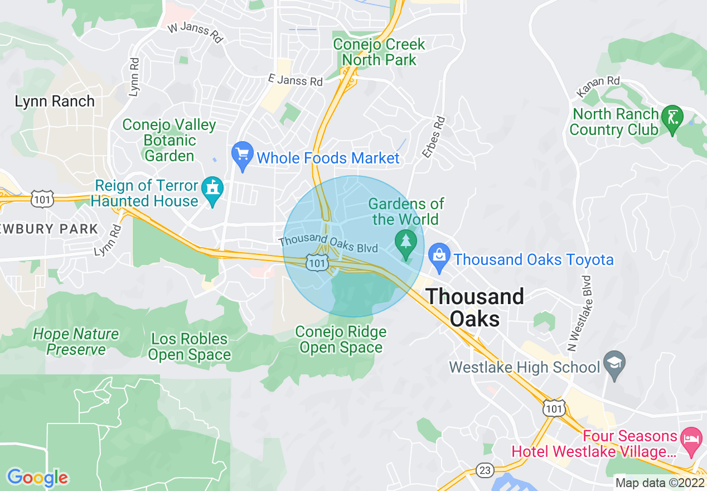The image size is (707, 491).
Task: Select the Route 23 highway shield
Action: click(x=485, y=470)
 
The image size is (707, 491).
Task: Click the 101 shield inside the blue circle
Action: click(x=317, y=262)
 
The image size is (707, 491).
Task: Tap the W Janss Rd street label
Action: click(x=195, y=32)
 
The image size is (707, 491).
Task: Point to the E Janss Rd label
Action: click(x=295, y=80)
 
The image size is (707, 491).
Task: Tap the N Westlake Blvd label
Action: click(x=580, y=312)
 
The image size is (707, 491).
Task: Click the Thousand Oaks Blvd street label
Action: click(x=328, y=243)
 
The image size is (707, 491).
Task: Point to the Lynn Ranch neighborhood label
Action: click(x=55, y=102)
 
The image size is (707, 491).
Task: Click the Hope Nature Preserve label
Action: click(x=76, y=341)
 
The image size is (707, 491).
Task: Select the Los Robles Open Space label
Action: click(x=190, y=346)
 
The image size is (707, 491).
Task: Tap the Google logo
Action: click(x=37, y=478)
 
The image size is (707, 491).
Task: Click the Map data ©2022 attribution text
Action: click(x=660, y=483)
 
